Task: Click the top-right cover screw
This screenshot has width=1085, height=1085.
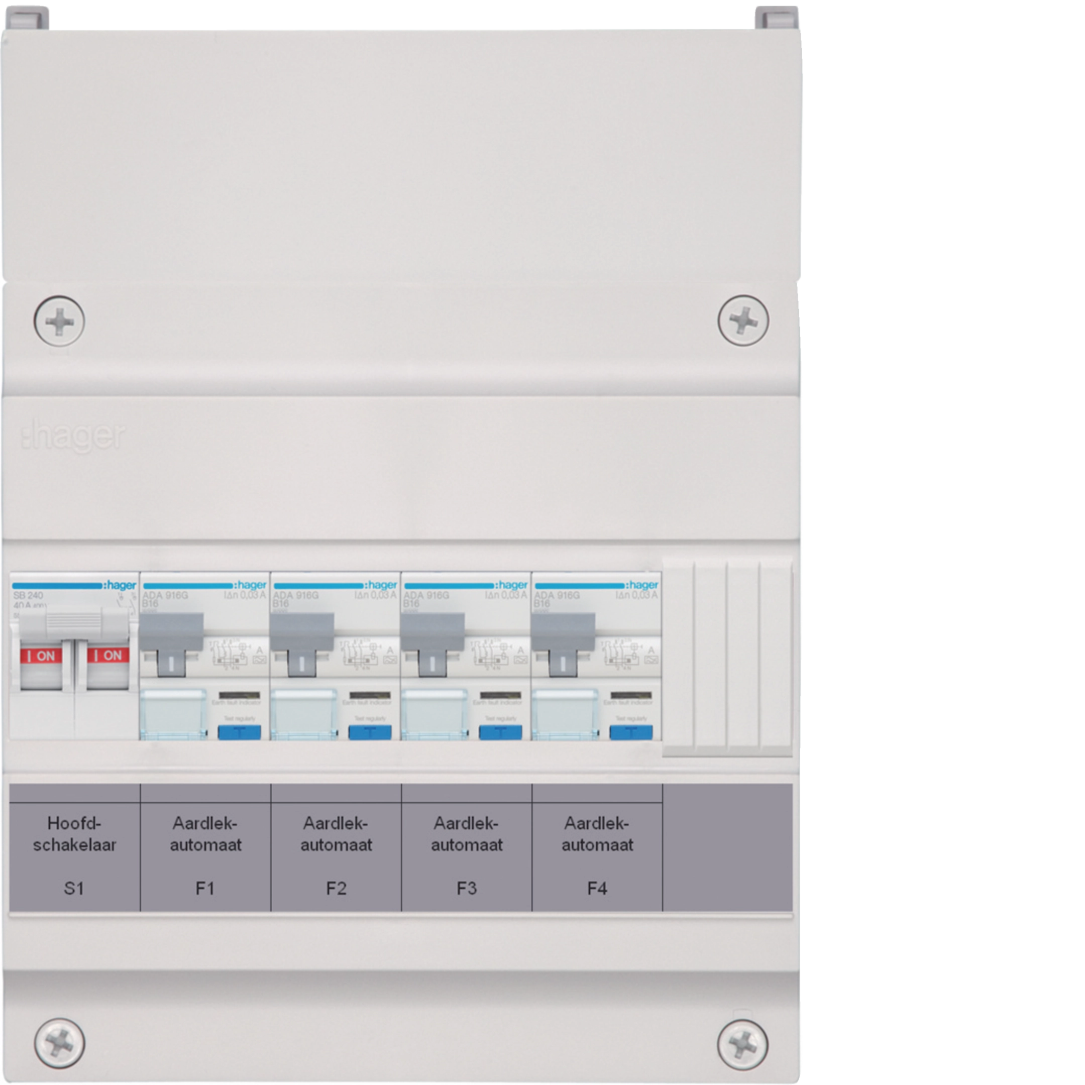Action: pos(743,320)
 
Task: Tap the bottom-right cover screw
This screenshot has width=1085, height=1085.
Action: pos(742,1043)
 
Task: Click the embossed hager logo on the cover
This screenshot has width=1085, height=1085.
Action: pos(73,437)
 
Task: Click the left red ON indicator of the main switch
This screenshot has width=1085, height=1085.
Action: pos(42,656)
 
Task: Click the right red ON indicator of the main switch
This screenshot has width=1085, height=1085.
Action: pos(108,656)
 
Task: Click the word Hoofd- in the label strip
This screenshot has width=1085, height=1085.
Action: pos(74,824)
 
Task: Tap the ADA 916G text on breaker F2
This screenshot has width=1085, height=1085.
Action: pos(296,595)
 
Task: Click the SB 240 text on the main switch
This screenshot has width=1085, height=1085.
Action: pos(28,595)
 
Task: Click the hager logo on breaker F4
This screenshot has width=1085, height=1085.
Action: pos(642,585)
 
